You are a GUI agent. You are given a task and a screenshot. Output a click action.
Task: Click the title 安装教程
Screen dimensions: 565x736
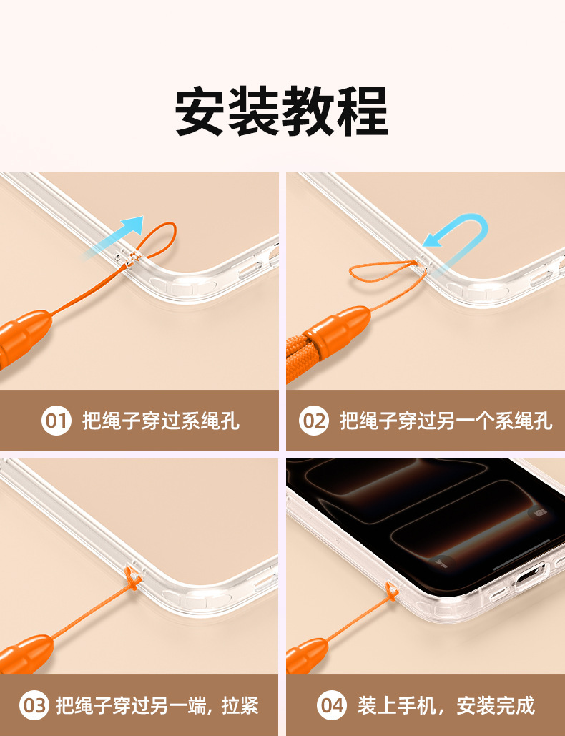coord(282,111)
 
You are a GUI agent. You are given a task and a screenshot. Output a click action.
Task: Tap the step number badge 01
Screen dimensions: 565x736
coord(56,420)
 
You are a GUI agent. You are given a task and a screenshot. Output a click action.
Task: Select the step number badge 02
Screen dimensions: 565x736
coord(313,420)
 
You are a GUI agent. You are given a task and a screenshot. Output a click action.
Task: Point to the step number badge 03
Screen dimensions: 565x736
coord(34,705)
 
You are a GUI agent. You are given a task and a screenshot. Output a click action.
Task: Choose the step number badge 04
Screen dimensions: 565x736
coord(331,705)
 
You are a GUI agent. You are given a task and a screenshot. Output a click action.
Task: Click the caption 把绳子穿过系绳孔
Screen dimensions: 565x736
coord(161,421)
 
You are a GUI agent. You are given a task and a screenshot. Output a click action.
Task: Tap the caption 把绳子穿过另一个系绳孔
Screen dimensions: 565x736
coord(446,421)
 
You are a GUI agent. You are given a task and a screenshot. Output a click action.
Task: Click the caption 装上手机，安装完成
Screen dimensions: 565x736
coord(446,705)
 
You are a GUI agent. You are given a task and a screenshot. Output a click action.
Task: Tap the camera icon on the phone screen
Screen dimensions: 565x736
coord(540,513)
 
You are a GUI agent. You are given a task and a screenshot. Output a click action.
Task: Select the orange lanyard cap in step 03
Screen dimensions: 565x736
coord(26,654)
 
